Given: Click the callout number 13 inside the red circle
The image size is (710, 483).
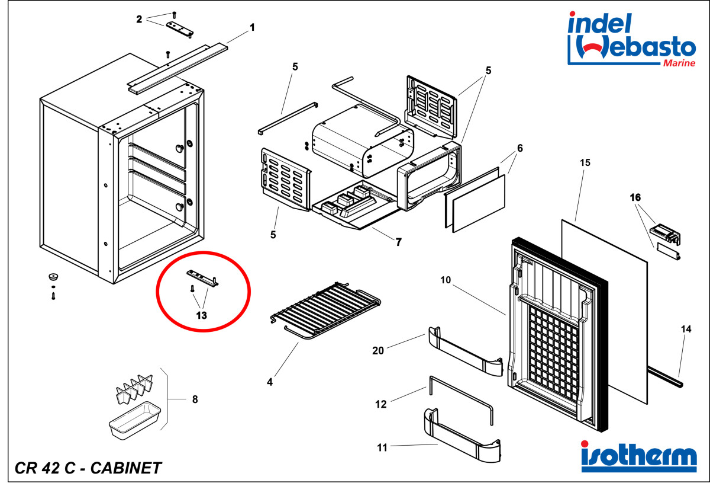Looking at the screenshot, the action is pos(202,315).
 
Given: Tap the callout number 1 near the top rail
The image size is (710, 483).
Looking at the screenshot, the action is pos(252,28).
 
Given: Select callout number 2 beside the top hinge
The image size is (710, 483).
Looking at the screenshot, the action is pos(139,20).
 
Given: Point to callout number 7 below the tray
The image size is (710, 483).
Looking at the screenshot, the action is pos(399,242).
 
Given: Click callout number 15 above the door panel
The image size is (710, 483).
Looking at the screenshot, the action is pos(585,162).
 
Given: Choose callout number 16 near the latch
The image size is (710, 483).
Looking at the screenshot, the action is pos(635,197).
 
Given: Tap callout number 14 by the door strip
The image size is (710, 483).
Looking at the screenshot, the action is pos(686,329).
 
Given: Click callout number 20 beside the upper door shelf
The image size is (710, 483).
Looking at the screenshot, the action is pos(378,351).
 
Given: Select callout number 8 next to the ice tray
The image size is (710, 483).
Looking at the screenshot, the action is pos(195,399).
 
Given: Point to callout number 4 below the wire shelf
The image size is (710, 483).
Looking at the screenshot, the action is pos(270,382).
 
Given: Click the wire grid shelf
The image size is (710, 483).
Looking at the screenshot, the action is pos(325,311).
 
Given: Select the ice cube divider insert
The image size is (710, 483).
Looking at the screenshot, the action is pos(135,389).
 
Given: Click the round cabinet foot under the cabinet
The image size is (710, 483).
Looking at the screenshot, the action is pos(53,276).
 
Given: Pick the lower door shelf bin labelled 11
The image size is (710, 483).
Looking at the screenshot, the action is pos(463,435).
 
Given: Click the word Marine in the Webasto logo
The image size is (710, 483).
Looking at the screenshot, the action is pos(679,63).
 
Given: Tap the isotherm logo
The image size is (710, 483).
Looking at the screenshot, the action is pos(638,456).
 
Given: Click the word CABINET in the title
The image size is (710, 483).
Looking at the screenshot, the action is pos(126,468).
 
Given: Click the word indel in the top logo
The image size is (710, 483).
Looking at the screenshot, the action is pos(600,23).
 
